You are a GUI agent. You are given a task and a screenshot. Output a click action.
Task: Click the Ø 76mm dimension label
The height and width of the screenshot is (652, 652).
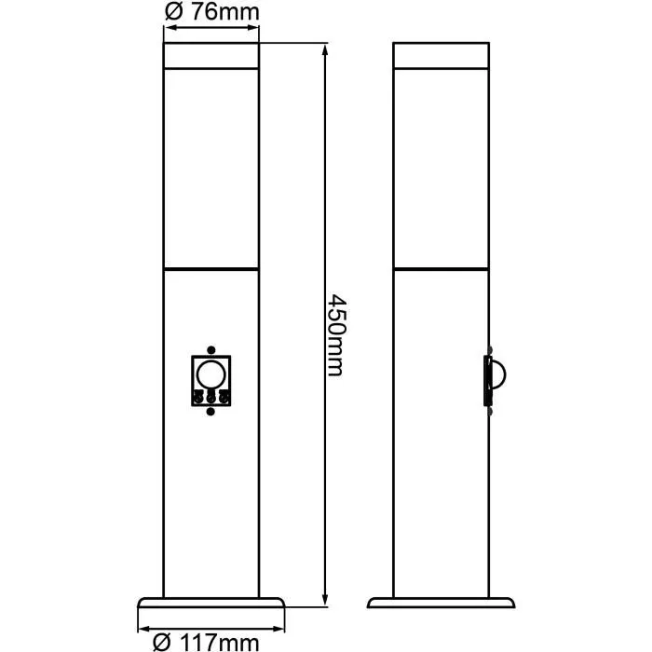211,13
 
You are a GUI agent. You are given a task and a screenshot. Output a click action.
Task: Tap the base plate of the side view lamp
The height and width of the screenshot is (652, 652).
441,604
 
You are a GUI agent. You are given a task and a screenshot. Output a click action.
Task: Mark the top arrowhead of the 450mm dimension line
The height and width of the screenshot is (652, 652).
324,48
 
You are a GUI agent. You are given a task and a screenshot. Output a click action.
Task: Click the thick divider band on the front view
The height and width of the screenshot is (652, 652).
211,269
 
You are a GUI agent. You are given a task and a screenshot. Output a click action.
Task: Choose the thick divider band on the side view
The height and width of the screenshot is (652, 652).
441,269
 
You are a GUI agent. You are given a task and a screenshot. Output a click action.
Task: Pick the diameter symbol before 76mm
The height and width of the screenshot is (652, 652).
173,13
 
